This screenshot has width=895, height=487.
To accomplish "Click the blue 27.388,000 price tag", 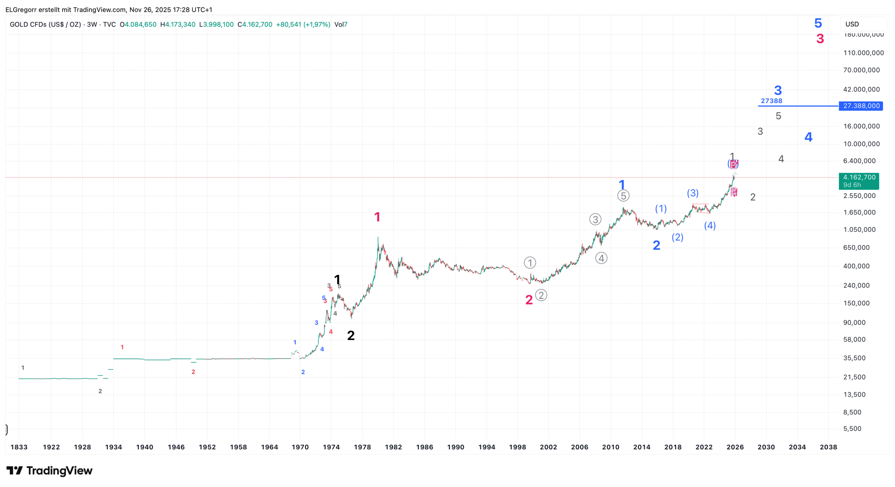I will [861, 106].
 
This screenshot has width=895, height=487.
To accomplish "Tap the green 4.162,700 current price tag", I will [859, 181].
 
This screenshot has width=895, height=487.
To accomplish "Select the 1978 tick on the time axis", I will [362, 447].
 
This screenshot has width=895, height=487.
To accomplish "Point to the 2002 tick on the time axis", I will [548, 447].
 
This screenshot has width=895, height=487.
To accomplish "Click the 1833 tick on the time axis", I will [19, 447].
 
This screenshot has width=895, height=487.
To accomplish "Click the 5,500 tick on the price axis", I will [852, 429].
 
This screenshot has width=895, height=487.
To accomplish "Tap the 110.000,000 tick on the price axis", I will [863, 53].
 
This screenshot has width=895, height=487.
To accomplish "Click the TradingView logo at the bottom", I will [49, 471].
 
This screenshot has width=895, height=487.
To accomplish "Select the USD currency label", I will [852, 24].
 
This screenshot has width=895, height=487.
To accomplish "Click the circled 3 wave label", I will [595, 220].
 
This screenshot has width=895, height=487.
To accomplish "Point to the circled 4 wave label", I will [601, 258].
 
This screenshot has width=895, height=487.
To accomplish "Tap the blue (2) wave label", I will [677, 237].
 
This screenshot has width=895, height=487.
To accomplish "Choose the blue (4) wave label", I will [710, 226].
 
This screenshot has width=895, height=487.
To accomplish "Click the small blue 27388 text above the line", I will [771, 101].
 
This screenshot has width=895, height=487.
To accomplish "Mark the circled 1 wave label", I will [530, 263].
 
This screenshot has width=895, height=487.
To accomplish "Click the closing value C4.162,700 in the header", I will [255, 25].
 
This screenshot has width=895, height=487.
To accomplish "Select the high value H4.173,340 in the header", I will [178, 25].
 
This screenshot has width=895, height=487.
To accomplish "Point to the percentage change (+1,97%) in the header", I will [317, 25].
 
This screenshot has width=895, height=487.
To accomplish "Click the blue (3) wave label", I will [693, 193].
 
